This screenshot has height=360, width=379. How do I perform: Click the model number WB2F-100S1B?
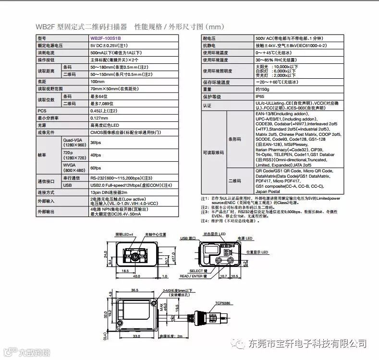tap(106, 38)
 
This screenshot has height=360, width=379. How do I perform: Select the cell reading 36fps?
tap(96, 143)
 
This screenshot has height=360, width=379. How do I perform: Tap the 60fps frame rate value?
tap(96, 168)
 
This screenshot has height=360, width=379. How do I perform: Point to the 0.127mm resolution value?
tap(99, 118)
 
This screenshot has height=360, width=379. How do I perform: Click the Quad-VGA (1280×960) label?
tap(74, 143)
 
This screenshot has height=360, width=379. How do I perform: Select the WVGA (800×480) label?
tap(74, 168)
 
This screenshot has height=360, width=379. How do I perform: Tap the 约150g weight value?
tap(262, 89)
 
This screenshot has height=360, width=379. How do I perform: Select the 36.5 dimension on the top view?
tap(135, 290)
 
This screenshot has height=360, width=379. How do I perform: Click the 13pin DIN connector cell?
tap(112, 192)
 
